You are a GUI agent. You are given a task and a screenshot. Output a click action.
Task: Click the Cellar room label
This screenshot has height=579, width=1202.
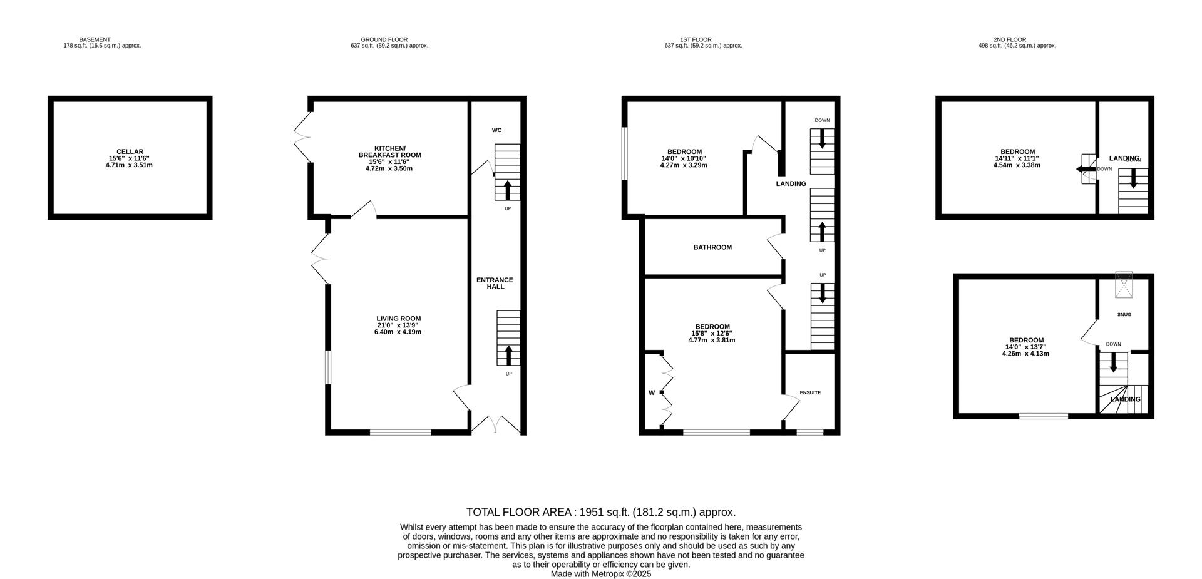(x=130, y=151)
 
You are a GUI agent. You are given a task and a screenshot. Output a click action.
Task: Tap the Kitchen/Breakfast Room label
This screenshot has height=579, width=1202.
(x=389, y=151)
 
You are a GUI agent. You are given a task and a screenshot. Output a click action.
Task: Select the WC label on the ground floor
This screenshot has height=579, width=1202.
(x=496, y=130)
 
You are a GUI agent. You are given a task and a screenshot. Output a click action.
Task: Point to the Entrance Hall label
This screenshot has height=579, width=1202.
(x=495, y=283)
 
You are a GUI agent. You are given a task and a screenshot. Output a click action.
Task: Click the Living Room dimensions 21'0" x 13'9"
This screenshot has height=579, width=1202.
(x=398, y=325)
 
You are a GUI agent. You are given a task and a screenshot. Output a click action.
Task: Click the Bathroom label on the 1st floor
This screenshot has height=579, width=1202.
(x=712, y=247)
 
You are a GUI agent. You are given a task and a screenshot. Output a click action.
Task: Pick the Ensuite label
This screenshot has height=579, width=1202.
(x=809, y=392)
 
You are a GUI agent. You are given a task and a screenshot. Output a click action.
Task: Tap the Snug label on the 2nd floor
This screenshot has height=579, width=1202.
(x=1124, y=314)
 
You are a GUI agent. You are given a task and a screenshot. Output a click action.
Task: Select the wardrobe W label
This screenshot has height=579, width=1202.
(x=651, y=393)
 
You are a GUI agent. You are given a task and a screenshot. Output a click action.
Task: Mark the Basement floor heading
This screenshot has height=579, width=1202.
(x=95, y=39)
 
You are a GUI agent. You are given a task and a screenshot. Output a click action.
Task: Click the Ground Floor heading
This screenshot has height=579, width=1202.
(x=384, y=39)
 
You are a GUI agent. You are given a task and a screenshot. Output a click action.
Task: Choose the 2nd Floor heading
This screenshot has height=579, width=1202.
(x=1010, y=39)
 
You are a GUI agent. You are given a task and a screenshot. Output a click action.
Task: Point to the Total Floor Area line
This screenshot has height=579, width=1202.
(x=601, y=512)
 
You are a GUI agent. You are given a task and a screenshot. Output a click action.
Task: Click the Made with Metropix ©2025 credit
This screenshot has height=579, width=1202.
(x=601, y=573)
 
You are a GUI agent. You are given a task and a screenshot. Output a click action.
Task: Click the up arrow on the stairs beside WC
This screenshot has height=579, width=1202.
(x=507, y=189)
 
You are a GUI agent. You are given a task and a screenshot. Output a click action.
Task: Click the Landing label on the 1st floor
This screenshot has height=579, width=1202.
(x=791, y=183)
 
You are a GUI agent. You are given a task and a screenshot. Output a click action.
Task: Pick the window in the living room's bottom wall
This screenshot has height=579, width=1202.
(x=400, y=431)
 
